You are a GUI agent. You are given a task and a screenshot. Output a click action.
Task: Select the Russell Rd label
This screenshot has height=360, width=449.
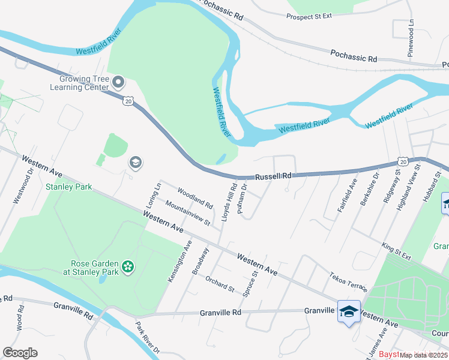tap(273, 176)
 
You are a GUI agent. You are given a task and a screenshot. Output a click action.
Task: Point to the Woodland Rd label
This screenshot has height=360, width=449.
tap(195, 197)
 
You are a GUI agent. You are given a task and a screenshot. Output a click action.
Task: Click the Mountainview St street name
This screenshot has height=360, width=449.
tap(187, 214)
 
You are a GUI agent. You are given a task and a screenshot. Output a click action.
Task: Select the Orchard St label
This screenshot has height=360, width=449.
tap(220, 284)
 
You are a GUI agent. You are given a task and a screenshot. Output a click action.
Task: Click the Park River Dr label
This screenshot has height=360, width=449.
tap(146, 339)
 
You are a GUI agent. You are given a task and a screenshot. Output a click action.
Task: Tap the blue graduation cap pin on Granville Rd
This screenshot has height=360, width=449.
tap(349, 311)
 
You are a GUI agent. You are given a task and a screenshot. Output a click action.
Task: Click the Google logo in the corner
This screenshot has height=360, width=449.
tap(20, 353)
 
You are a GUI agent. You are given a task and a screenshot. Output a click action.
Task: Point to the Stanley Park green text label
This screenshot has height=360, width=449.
tap(69, 187)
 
